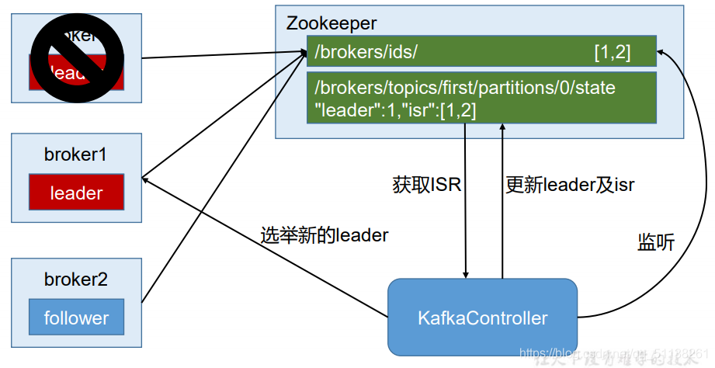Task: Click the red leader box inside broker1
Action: point(76,193)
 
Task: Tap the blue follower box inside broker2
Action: point(76,317)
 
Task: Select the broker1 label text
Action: point(75,154)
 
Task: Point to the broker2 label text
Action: point(75,279)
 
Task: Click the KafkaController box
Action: point(482,318)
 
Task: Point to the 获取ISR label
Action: point(427,185)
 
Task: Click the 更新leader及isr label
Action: point(570,185)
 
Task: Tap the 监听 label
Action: point(656,242)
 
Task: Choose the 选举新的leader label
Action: point(325,235)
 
